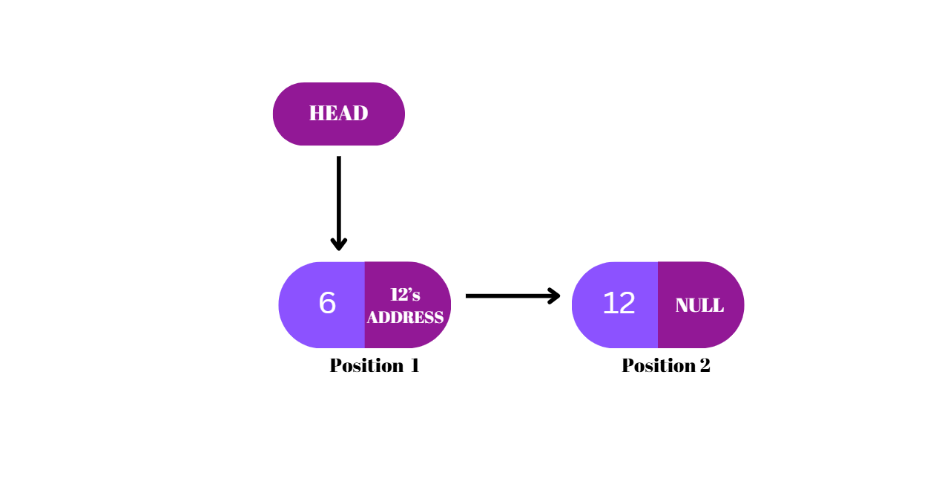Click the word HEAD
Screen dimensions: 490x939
[x=338, y=114]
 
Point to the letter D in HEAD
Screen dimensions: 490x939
[x=360, y=114]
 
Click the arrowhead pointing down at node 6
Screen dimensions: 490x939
[x=339, y=244]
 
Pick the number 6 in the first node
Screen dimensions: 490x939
[x=327, y=303]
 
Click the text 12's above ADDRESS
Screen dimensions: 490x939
[x=405, y=295]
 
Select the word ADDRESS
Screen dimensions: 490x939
[x=405, y=318]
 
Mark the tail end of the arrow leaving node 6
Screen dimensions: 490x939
[x=468, y=296]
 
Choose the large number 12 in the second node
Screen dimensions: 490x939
[x=619, y=303]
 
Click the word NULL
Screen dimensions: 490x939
[x=699, y=305]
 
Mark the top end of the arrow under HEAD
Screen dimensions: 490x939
[x=339, y=158]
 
